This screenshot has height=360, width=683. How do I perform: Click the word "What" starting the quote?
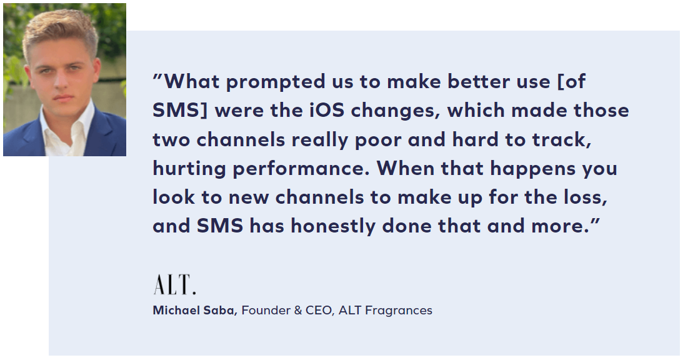tap(191, 81)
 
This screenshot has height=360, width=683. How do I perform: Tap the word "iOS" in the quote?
tap(327, 110)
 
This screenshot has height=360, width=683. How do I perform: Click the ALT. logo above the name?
tap(175, 284)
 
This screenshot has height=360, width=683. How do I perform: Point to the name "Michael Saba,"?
tap(195, 311)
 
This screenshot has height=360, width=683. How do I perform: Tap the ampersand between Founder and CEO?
tap(298, 311)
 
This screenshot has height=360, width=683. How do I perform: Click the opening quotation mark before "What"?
tap(157, 77)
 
